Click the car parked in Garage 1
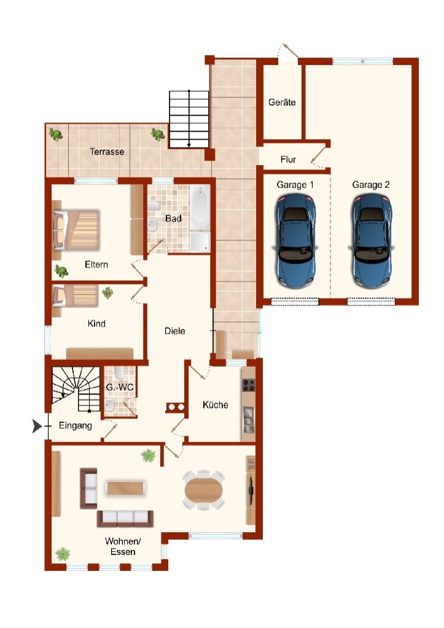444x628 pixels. [x=295, y=240]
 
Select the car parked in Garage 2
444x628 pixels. [x=372, y=240]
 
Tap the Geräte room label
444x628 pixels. [x=282, y=102]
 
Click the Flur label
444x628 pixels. [x=288, y=159]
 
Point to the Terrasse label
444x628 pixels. [x=107, y=152]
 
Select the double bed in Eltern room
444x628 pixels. [x=76, y=230]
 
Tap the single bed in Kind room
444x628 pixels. [x=76, y=296]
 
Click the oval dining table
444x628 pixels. [x=204, y=490]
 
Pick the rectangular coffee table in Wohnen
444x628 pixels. [x=125, y=488]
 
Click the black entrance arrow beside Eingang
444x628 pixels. [x=37, y=426]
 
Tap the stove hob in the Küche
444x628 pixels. [x=248, y=385]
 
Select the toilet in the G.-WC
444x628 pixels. [x=119, y=373]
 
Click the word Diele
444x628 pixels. [x=175, y=331]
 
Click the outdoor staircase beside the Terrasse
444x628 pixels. [x=189, y=120]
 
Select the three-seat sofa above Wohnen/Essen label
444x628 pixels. [x=125, y=519]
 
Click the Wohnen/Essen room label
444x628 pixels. [x=123, y=546]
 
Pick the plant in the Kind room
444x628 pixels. [x=107, y=293]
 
